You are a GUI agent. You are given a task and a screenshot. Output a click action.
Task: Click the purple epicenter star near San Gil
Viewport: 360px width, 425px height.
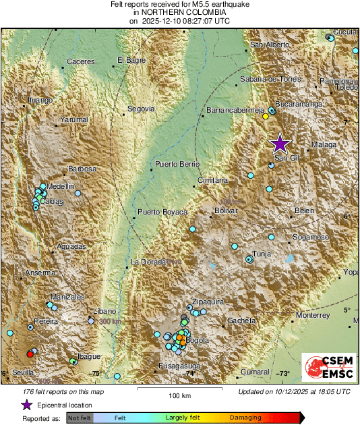[x=280, y=143]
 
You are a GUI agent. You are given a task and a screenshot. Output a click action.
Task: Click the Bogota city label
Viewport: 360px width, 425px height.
[x=198, y=341]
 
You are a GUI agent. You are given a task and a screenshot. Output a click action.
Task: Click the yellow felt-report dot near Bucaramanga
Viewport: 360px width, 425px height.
[x=266, y=116]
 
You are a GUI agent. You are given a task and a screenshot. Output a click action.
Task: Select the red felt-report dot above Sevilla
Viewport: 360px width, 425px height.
[x=30, y=353]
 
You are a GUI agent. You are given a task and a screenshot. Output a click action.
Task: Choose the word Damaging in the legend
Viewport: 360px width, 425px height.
[x=246, y=418]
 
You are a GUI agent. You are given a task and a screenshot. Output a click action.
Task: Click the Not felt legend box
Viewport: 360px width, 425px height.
[x=81, y=418]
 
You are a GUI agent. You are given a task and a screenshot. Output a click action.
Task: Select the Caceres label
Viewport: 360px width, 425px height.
[x=81, y=62]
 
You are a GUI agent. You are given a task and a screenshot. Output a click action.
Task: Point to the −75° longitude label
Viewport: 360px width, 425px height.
[x=95, y=373]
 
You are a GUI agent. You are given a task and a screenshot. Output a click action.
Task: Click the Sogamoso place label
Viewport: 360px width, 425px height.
[x=310, y=237]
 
